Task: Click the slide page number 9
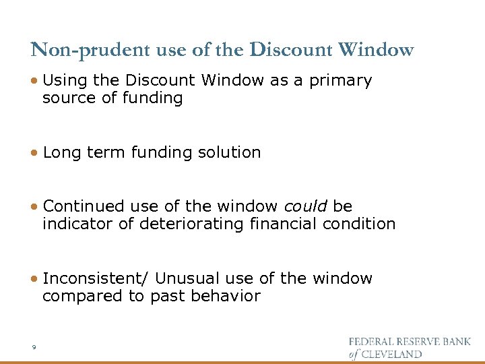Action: point(33,347)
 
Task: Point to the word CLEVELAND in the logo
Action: point(393,354)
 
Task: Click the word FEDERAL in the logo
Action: point(373,341)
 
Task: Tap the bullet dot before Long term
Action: point(34,153)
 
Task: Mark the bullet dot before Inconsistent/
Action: point(34,279)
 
